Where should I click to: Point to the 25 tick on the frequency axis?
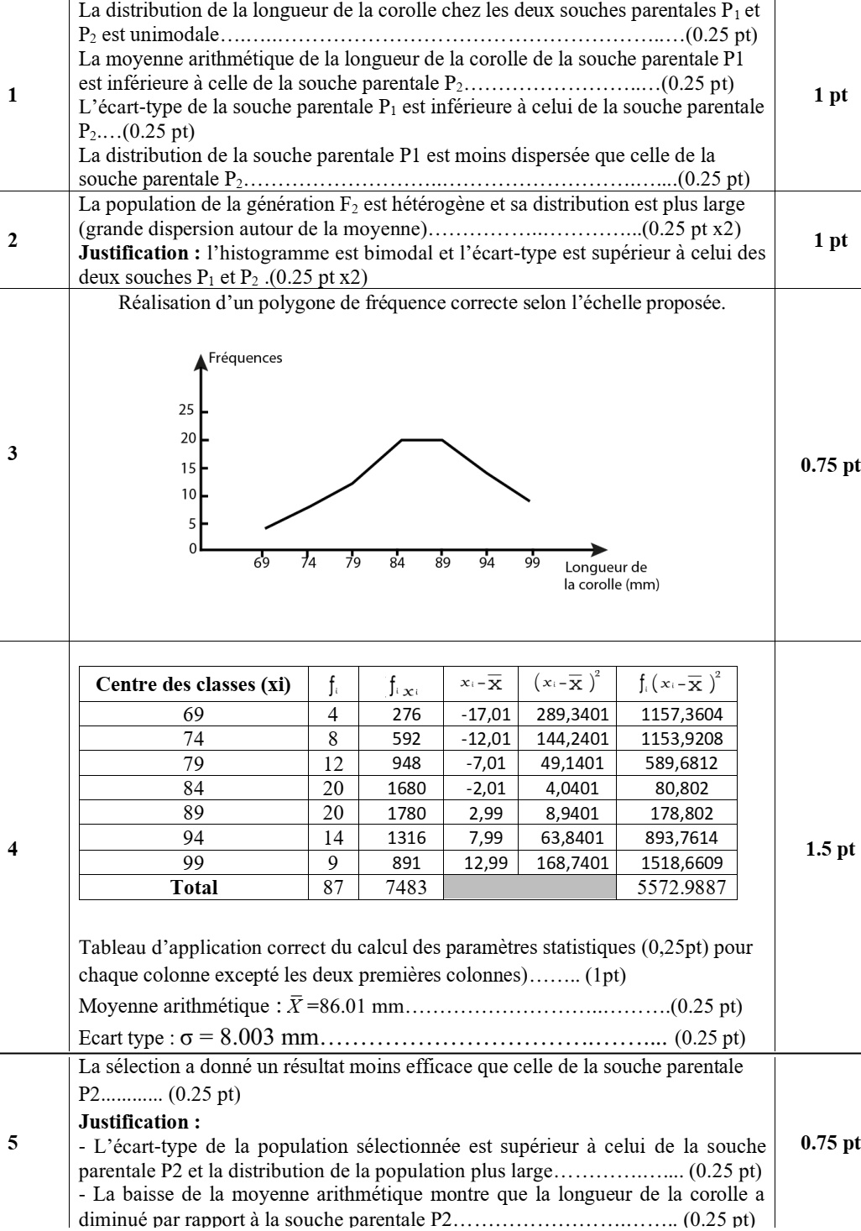pos(186,411)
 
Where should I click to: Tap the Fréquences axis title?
pos(246,358)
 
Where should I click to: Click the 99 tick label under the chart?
pos(532,563)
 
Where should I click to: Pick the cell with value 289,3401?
pos(566,715)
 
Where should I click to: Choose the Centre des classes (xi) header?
pos(194,685)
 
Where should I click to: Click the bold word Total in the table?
pos(194,887)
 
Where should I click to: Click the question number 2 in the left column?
pos(12,240)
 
